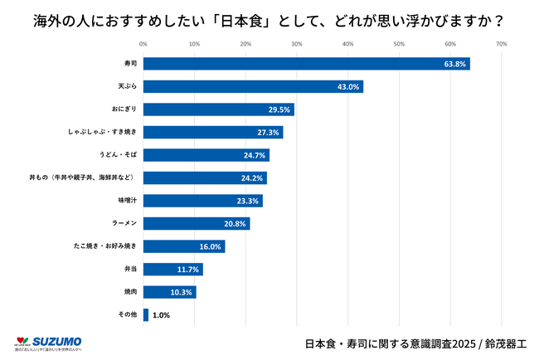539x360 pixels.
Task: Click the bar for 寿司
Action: coord(307,64)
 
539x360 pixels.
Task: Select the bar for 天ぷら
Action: coord(254,86)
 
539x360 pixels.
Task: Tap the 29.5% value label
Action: coord(279,109)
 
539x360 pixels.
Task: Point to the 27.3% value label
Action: coord(268,133)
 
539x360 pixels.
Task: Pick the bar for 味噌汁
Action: coord(203,201)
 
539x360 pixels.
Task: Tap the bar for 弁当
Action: coord(173,270)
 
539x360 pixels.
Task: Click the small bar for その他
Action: coord(146,315)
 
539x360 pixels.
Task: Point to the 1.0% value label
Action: coord(162,316)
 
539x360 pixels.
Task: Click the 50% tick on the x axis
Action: coord(399,43)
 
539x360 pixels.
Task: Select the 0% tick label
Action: coord(143,43)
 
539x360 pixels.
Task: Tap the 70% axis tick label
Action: coord(501,43)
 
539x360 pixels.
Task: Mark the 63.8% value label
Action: coord(455,64)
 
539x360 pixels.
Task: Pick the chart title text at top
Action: coord(269,17)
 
